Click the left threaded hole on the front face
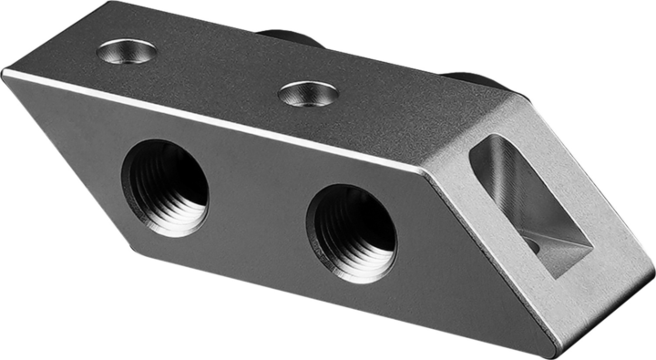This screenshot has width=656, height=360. click(165, 187)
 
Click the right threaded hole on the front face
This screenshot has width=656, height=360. click(351, 232)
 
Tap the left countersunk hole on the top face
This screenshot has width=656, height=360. click(127, 51)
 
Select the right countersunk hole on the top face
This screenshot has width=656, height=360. click(309, 92)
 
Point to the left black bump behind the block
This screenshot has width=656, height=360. click(289, 37)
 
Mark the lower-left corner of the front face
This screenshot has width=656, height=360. click(137, 251)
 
